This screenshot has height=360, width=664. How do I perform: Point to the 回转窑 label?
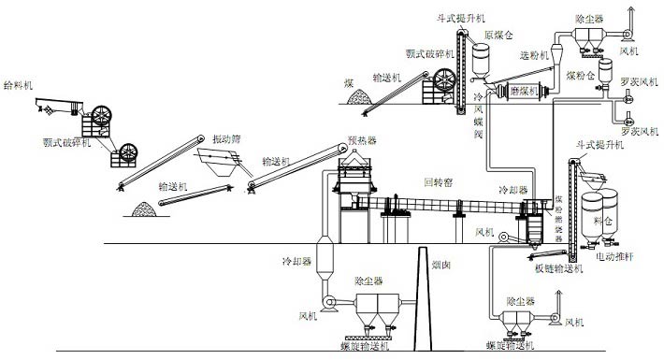440,181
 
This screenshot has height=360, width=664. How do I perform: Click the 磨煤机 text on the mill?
527,92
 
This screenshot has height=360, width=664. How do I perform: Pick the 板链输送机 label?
559,270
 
